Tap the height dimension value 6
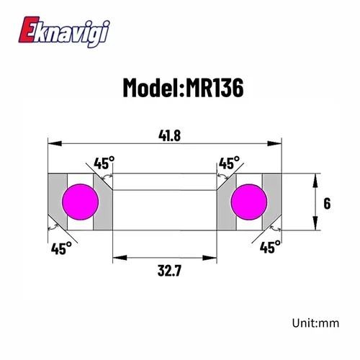coord(327,204)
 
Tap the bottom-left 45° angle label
coord(61,248)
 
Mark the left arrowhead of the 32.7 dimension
coord(114,257)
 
